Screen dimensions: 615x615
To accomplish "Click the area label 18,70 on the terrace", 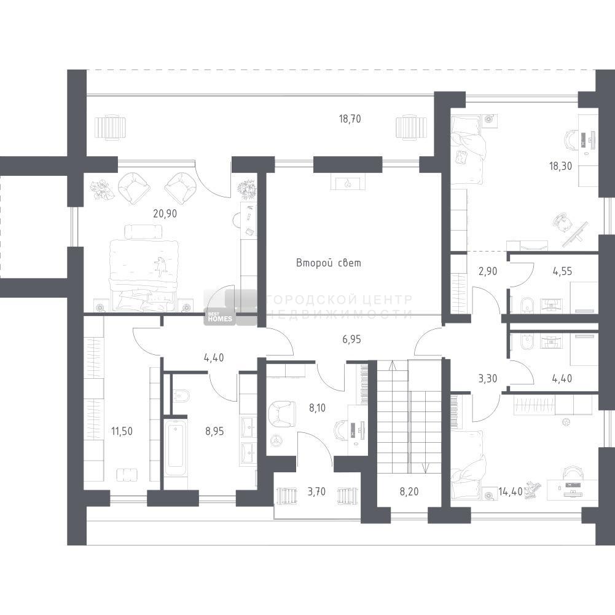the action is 350,119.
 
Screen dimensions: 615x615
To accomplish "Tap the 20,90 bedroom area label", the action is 165,213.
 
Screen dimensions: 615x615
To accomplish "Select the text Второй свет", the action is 328,263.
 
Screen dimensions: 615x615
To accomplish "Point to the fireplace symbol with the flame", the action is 348,183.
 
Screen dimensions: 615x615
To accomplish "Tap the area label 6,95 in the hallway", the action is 351,339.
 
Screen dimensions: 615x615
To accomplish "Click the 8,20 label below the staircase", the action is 409,491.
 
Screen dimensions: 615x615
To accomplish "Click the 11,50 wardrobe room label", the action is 122,431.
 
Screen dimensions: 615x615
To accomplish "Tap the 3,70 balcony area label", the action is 316,491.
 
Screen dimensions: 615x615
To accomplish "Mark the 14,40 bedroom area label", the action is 511,491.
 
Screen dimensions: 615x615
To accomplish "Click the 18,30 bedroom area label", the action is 560,166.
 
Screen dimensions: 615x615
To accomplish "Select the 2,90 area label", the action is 488,271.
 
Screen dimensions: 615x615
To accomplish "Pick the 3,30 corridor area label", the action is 488,379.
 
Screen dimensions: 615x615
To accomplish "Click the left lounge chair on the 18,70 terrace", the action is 111,127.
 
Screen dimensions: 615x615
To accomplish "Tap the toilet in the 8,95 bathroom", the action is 181,395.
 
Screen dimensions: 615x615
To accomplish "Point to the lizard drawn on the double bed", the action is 161,266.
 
